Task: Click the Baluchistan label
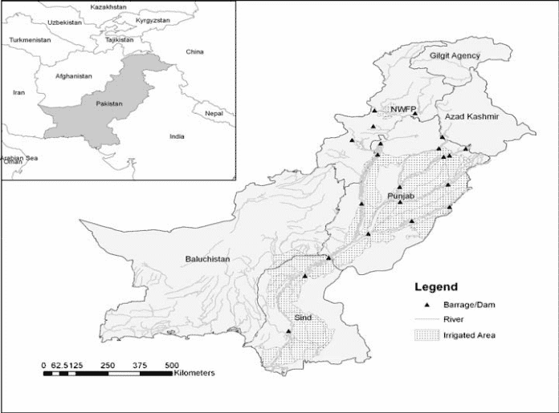pyautogui.click(x=208, y=260)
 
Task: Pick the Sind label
pyautogui.click(x=303, y=318)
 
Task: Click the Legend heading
pyautogui.click(x=436, y=286)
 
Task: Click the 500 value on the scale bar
pyautogui.click(x=171, y=366)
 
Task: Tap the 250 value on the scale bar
pyautogui.click(x=108, y=366)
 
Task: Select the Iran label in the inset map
pyautogui.click(x=19, y=92)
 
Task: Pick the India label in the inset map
pyautogui.click(x=177, y=136)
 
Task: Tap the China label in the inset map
pyautogui.click(x=195, y=52)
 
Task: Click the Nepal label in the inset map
pyautogui.click(x=213, y=113)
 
